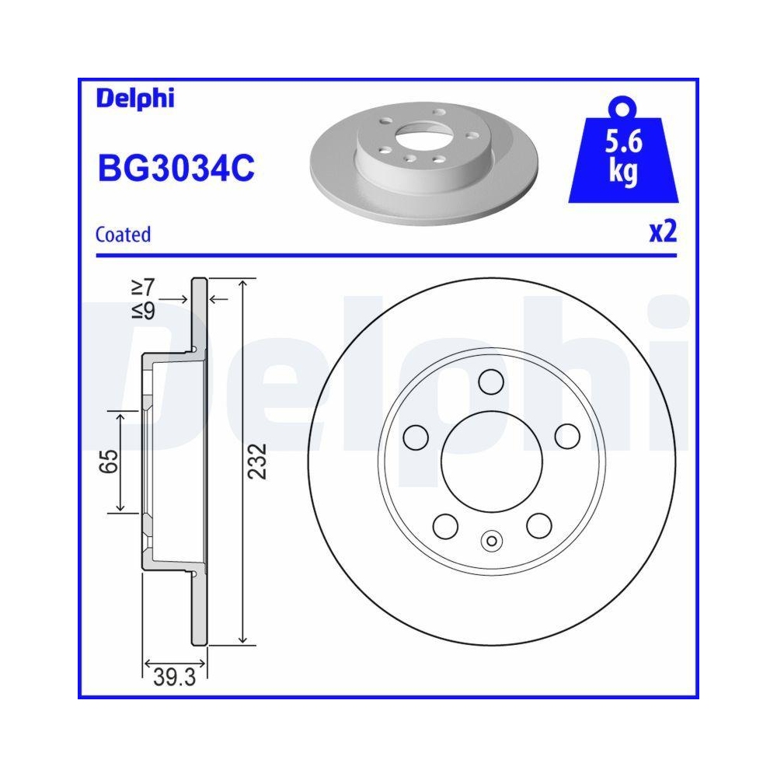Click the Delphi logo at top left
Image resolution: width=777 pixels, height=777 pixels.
click(135, 99)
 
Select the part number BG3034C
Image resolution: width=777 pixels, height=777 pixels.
click(175, 168)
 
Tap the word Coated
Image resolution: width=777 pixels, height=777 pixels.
click(123, 234)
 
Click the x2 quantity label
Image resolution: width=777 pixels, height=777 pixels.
click(663, 232)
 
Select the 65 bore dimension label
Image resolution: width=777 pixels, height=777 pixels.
click(109, 462)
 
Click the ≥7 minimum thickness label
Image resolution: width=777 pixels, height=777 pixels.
click(143, 287)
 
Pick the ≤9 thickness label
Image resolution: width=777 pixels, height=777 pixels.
click(143, 311)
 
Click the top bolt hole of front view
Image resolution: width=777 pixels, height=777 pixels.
click(490, 382)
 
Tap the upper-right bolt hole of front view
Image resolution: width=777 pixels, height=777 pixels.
click(566, 437)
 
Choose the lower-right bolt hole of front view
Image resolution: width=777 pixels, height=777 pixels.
click(538, 525)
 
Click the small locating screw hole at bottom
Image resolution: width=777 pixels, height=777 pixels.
click(490, 541)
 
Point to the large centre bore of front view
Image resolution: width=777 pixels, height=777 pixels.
click(490, 462)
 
